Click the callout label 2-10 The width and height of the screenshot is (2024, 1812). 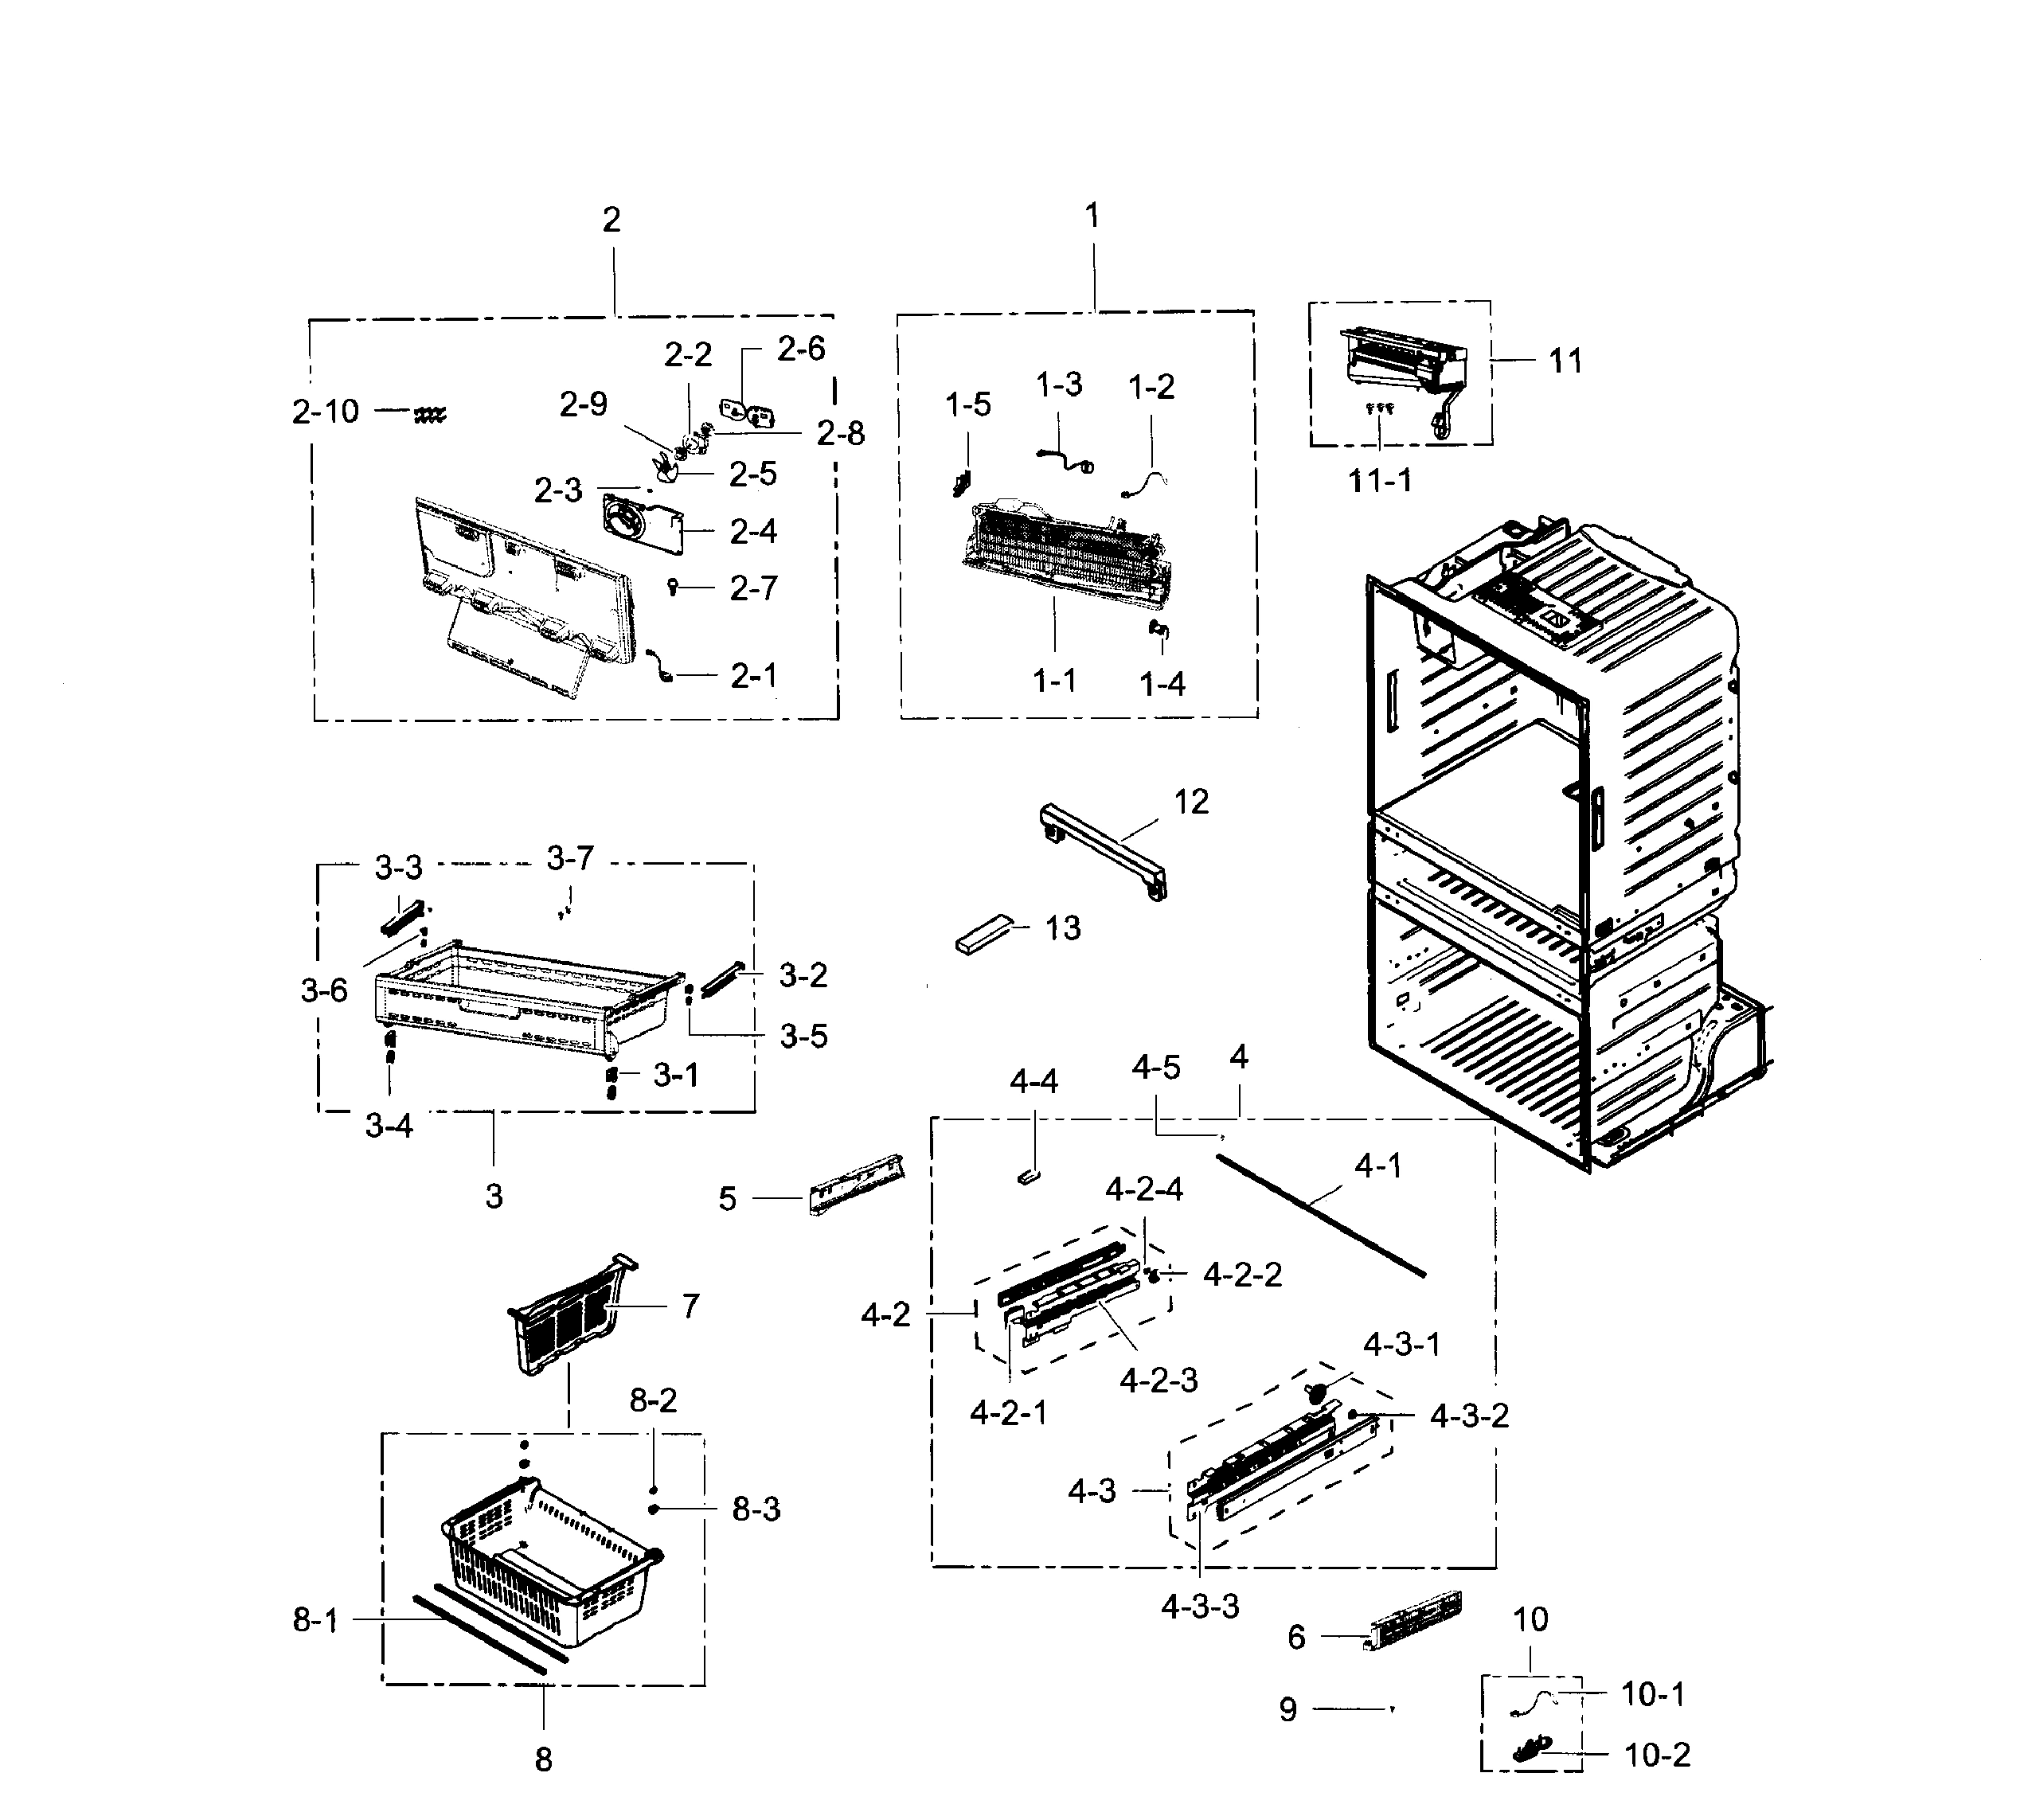pyautogui.click(x=326, y=411)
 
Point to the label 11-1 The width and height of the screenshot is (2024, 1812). pyautogui.click(x=1379, y=481)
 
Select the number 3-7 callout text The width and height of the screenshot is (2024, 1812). pyautogui.click(x=569, y=857)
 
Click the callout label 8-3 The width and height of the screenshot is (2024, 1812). pyautogui.click(x=756, y=1509)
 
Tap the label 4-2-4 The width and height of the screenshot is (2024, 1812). pyautogui.click(x=1144, y=1189)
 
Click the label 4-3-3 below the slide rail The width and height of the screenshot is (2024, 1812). pyautogui.click(x=1200, y=1606)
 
